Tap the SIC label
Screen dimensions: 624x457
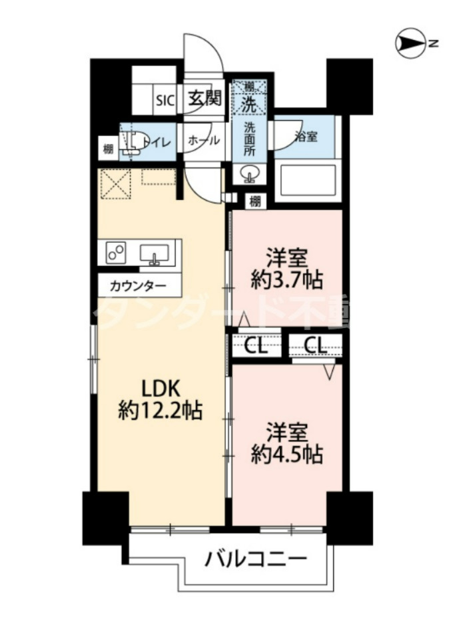(165, 100)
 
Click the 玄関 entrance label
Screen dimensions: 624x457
(203, 99)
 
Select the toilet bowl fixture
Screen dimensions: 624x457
(135, 141)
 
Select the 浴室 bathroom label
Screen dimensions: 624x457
(306, 136)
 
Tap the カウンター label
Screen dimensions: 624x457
(138, 287)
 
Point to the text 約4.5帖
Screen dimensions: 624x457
(287, 455)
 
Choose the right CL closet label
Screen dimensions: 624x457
(316, 345)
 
